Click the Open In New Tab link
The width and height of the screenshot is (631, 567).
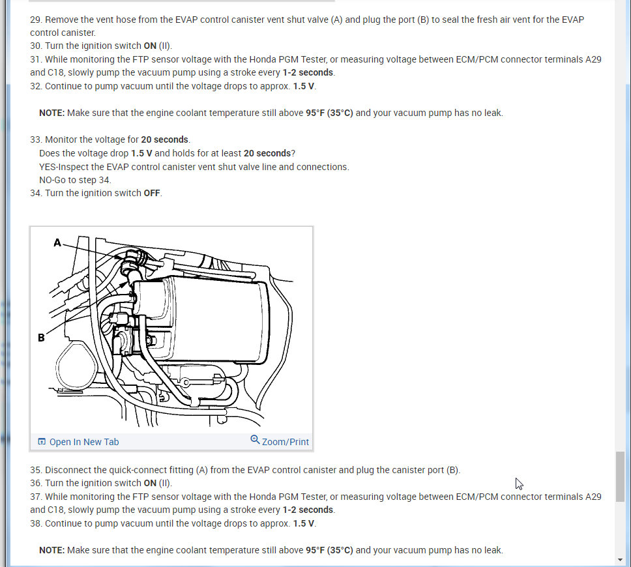pos(84,442)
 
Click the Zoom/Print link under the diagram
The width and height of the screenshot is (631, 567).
pos(285,442)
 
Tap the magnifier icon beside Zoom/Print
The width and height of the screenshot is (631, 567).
pos(255,441)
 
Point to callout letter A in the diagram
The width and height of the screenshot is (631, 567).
pos(57,242)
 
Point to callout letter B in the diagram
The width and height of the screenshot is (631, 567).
pos(41,337)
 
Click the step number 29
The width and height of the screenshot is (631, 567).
pos(36,20)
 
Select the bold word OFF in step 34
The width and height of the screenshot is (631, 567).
pos(152,193)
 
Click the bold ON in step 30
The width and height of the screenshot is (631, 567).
pos(150,46)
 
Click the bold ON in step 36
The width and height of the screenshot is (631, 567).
pos(150,483)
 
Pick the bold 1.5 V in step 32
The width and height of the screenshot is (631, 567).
pos(304,86)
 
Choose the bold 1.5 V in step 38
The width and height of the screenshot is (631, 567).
pos(304,523)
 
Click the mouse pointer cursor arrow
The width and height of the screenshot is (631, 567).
pos(519,483)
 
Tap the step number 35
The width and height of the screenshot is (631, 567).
pos(36,470)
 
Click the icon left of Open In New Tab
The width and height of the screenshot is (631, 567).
pos(42,442)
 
